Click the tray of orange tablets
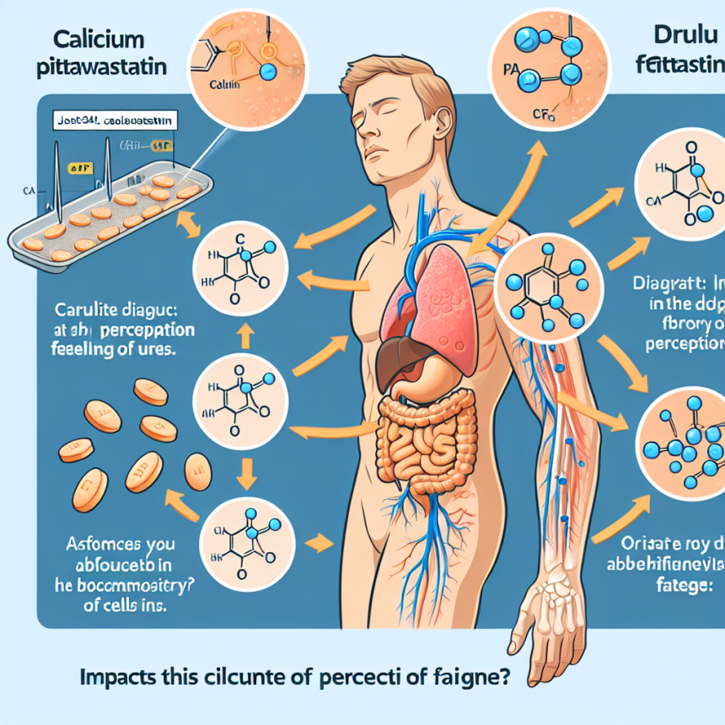[x=105, y=215]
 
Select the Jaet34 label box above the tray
[x=115, y=121]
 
